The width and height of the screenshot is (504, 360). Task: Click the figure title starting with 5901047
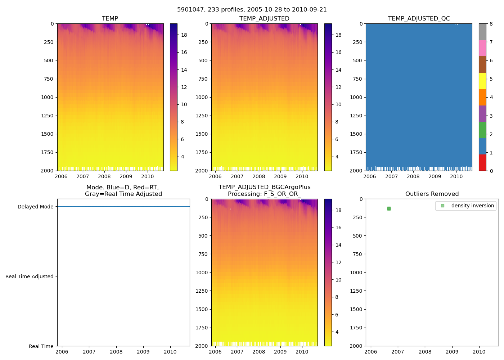coord(252,10)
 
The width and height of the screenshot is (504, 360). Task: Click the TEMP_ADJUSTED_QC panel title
coord(419,19)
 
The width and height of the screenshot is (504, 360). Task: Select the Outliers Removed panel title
coord(432,194)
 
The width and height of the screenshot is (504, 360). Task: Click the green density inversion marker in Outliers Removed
coord(389,208)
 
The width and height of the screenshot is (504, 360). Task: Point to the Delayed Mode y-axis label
coord(35,207)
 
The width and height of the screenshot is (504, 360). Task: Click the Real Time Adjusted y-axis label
coord(29,276)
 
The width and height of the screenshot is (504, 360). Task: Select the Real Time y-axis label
coord(41,346)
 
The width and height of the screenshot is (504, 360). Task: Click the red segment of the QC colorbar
coord(482,163)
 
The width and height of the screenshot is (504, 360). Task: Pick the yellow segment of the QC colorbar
coord(482,81)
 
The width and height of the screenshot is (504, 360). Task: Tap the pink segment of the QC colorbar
coord(482,48)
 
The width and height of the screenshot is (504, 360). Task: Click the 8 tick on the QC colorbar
coord(491,24)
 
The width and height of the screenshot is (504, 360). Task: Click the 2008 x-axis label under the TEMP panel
coord(104,176)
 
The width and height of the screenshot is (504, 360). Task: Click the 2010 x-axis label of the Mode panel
coord(170,352)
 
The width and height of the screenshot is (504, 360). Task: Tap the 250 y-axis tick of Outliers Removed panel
coord(357,217)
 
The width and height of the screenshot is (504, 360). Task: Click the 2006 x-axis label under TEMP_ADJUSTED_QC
coord(370,176)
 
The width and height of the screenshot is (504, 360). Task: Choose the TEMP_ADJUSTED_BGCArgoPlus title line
coord(264,187)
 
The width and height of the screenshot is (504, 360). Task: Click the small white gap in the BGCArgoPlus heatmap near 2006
coord(230,209)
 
